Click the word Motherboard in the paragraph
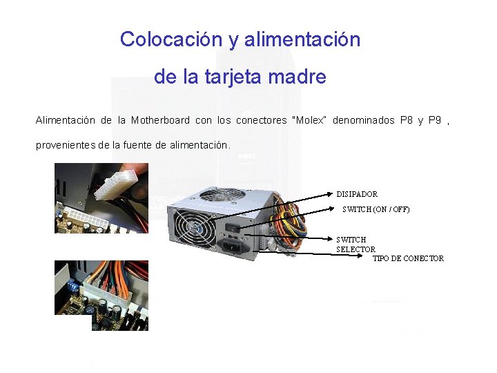tap(160, 120)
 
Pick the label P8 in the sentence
tap(407, 120)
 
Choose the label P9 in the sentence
tap(435, 120)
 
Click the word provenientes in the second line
tap(66, 145)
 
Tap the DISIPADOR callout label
tap(357, 195)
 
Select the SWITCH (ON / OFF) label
tap(376, 209)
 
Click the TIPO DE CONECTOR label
tap(408, 258)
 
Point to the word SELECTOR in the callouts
tap(355, 249)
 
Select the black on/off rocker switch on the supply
tap(236, 224)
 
